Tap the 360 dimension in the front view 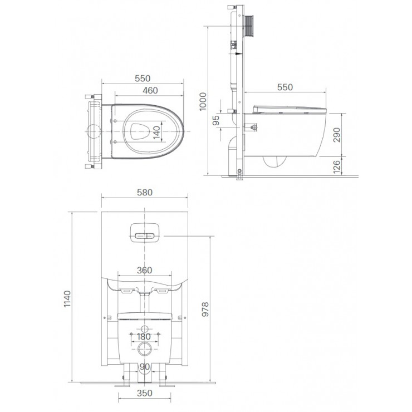[x=144, y=270]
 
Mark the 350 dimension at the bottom [x=144, y=394]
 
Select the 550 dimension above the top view [x=144, y=79]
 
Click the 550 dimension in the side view [x=285, y=87]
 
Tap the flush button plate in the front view [x=144, y=233]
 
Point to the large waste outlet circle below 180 [x=144, y=351]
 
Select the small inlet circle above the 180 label [x=144, y=327]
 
